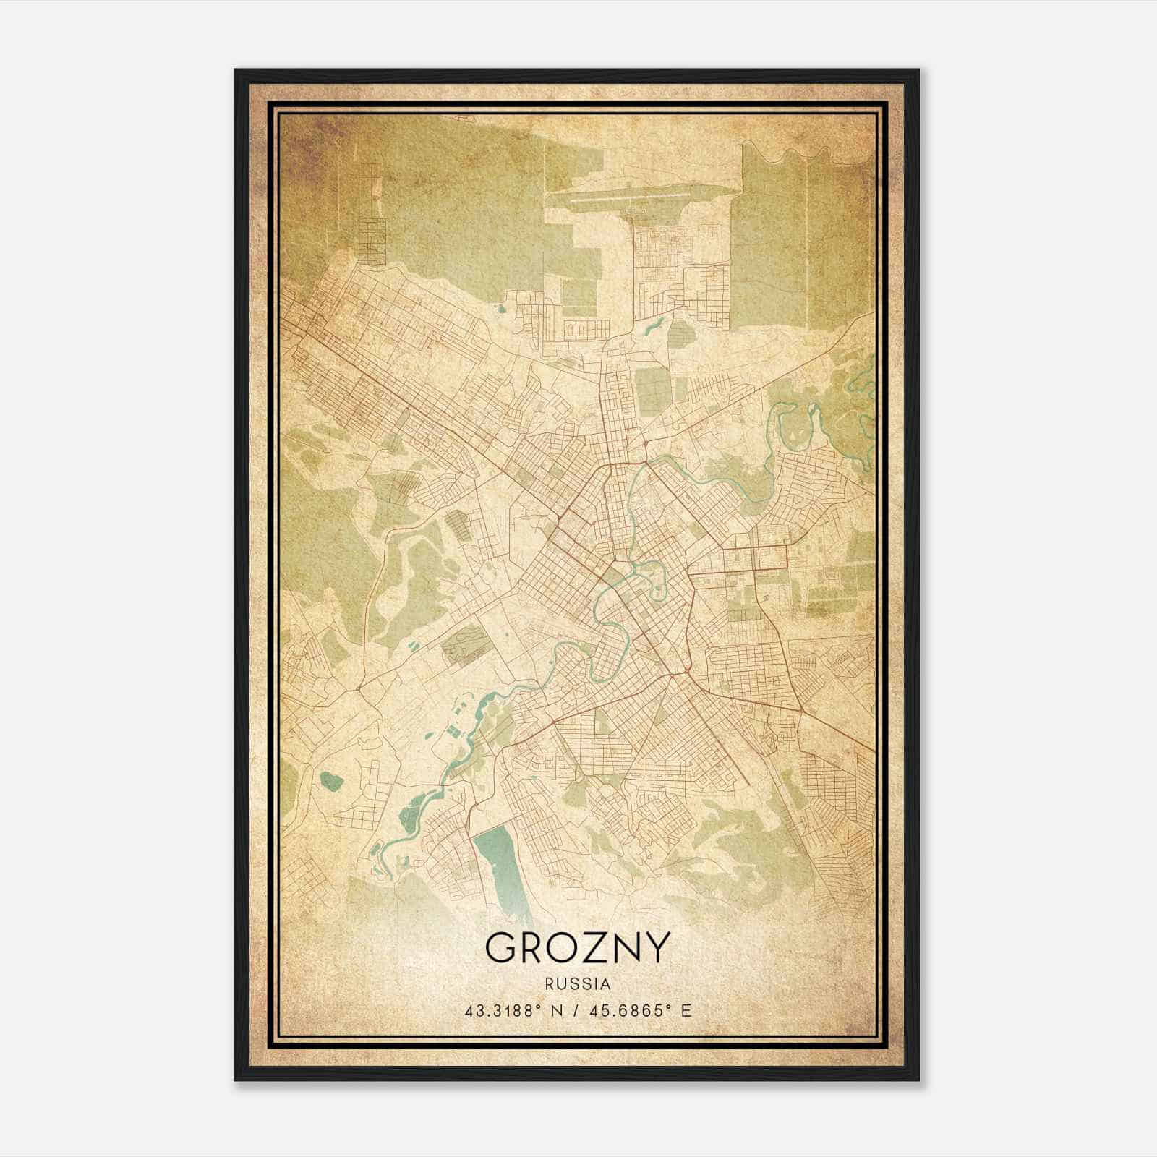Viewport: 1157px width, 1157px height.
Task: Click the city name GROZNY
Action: pos(578,947)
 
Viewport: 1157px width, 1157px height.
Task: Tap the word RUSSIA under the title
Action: pos(578,984)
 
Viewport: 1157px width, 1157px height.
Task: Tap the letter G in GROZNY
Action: pos(500,947)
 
